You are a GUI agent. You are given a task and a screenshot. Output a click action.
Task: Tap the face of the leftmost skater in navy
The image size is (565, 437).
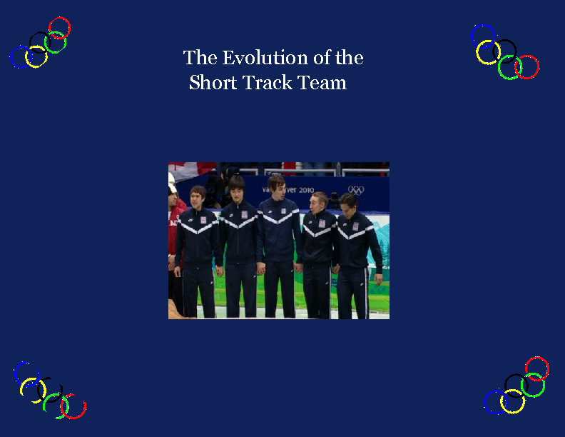[198, 197]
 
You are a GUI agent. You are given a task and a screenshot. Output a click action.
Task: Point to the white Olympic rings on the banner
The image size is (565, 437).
[355, 189]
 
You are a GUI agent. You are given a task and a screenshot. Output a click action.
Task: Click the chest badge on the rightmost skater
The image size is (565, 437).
[355, 226]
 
